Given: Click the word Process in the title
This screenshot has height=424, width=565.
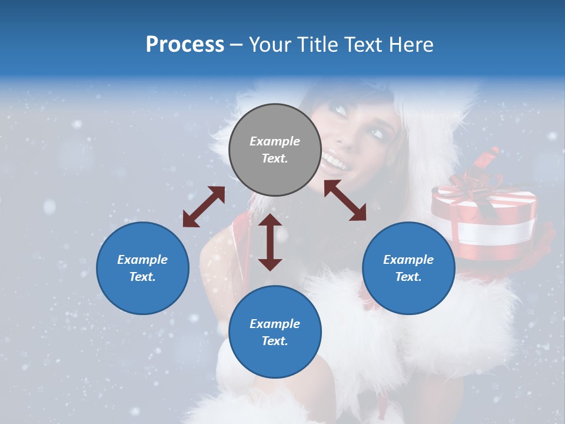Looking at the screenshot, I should pyautogui.click(x=185, y=45).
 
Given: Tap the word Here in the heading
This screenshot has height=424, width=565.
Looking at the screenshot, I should pyautogui.click(x=412, y=45).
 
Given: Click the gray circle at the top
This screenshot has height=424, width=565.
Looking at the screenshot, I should pyautogui.click(x=275, y=150).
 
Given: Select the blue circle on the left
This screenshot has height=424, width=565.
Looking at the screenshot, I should pyautogui.click(x=142, y=268).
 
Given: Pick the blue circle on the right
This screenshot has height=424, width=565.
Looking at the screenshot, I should pyautogui.click(x=408, y=268).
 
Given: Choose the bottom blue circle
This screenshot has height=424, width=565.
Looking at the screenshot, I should pyautogui.click(x=275, y=332).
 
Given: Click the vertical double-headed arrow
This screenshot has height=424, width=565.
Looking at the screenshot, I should pyautogui.click(x=270, y=242).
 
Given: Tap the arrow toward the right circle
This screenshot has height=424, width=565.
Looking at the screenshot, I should pyautogui.click(x=345, y=200).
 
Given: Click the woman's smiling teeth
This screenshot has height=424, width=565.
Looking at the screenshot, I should pyautogui.click(x=337, y=161).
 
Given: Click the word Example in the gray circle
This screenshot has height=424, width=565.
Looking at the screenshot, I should pyautogui.click(x=275, y=141).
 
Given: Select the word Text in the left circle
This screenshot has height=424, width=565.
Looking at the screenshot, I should pyautogui.click(x=142, y=277).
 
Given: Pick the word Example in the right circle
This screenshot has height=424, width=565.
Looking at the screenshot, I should pyautogui.click(x=408, y=260).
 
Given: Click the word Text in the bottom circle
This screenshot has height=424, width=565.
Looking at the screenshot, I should pyautogui.click(x=275, y=341).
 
